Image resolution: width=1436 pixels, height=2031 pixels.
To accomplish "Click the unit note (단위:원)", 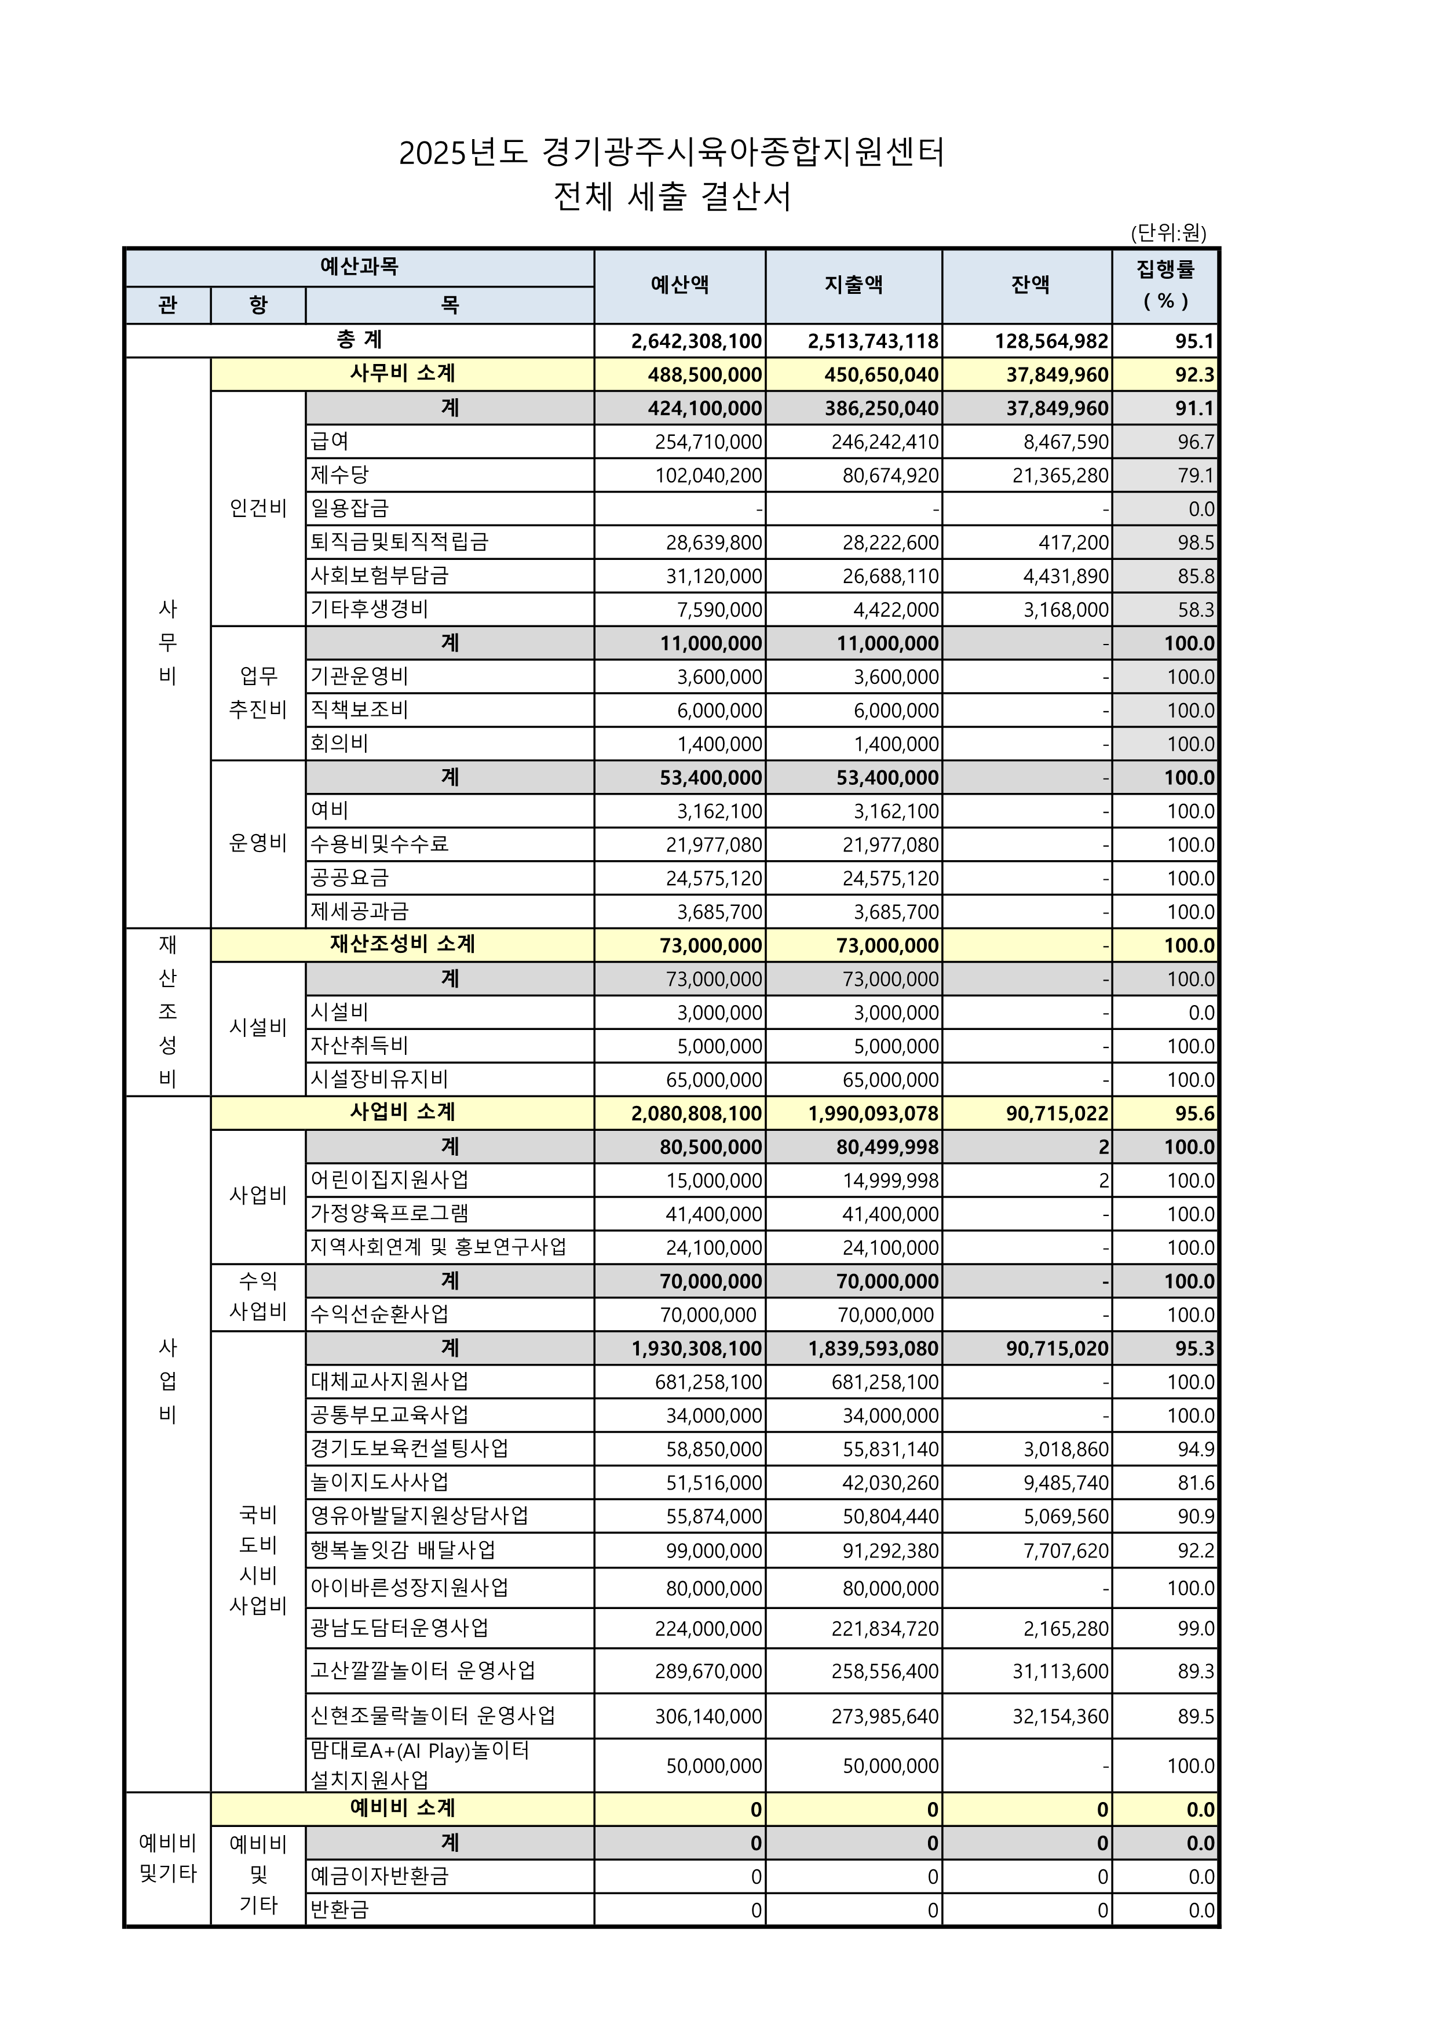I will coord(1168,232).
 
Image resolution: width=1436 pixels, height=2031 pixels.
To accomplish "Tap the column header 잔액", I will coord(1029,285).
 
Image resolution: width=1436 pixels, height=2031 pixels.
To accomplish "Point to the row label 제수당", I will coord(339,475).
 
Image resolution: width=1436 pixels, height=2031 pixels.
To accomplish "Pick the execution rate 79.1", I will coord(1196,476).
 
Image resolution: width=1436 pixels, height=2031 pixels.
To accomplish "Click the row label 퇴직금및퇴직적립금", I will coord(399,543).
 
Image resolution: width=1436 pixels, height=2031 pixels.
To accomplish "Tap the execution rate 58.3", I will coord(1196,610).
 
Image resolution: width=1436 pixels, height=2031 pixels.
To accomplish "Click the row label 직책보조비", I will coord(359,710).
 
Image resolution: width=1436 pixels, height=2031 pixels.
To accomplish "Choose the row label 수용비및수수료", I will coord(379,845).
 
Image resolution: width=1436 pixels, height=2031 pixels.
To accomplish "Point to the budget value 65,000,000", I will coord(714,1080).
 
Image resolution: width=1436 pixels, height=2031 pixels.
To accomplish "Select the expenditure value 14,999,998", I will coord(890,1181).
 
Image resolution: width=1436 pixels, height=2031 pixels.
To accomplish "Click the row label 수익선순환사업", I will coord(379,1315).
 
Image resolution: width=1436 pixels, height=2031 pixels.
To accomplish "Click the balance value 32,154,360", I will coord(1060,1717).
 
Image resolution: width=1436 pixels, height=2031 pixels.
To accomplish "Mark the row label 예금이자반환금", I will coord(379,1876).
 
